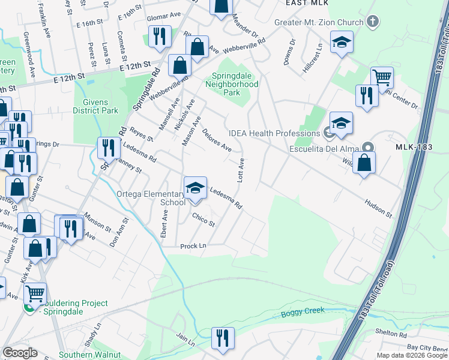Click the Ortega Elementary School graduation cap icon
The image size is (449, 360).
tap(195, 187)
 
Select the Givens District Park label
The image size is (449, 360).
tap(95, 106)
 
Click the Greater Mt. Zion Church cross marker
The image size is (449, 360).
tap(373, 23)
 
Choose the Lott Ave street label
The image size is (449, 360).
tap(241, 170)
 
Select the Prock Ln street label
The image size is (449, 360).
tap(193, 246)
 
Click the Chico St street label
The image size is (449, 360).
tap(203, 220)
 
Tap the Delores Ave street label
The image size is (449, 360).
tap(217, 140)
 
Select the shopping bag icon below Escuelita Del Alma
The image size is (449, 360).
tap(364, 163)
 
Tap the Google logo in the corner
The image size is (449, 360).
tap(19, 353)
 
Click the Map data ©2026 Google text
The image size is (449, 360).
tap(412, 355)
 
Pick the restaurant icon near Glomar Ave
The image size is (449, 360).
tap(159, 36)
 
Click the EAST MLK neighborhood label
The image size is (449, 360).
tap(307, 3)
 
